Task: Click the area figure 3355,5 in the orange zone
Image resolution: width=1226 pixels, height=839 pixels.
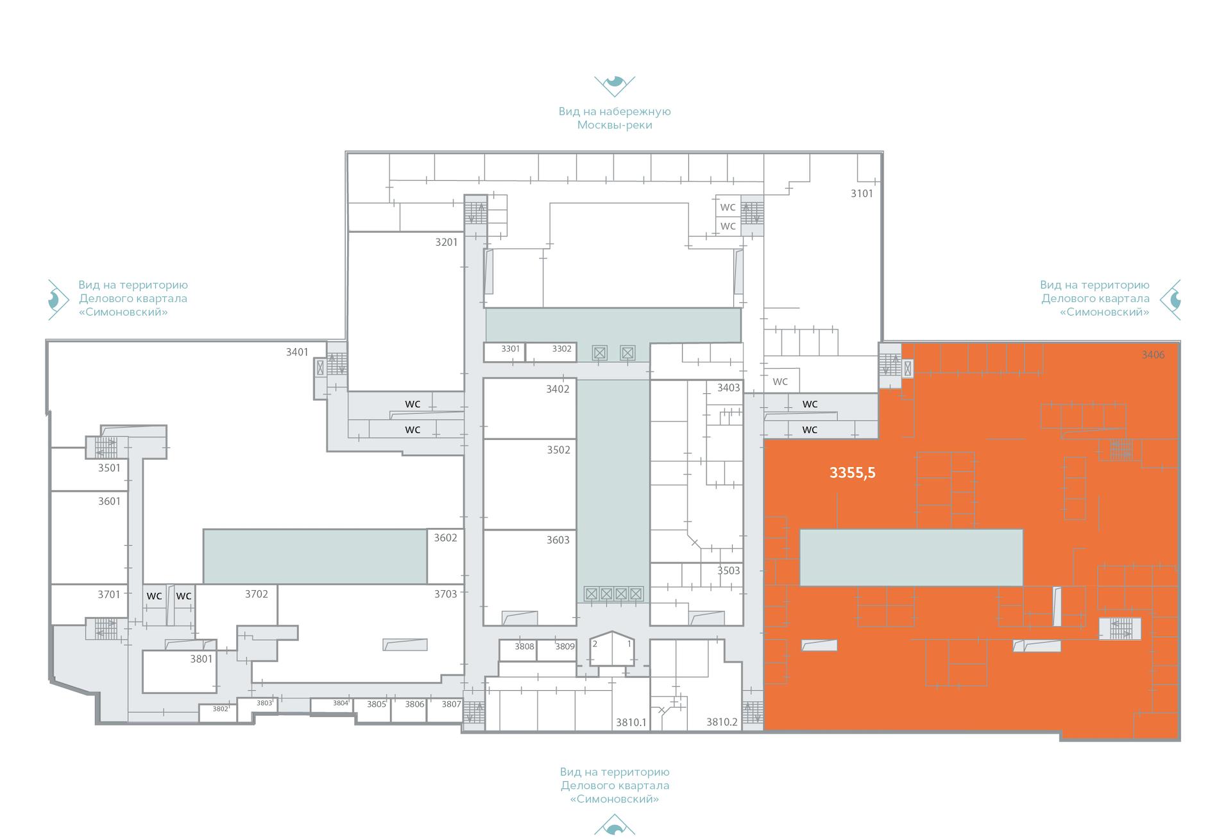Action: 852,473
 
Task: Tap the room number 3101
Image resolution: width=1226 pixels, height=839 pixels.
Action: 862,193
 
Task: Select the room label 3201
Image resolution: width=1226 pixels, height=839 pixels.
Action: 447,242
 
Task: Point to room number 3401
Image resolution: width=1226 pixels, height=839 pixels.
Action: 297,352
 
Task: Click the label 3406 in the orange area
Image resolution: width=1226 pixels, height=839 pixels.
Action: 1153,354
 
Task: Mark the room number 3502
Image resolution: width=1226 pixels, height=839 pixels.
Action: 558,450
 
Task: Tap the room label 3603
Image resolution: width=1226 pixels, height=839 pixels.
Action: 558,539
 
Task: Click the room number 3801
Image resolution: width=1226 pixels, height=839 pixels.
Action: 201,659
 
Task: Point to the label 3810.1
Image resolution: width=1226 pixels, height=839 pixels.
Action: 631,722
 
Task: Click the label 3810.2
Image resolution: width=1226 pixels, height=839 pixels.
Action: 722,722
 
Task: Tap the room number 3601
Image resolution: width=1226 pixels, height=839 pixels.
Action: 109,501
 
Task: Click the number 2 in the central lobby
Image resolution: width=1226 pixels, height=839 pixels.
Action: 595,643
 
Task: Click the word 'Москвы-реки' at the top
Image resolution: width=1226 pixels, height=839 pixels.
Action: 615,124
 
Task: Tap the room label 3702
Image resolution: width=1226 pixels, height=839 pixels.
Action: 256,594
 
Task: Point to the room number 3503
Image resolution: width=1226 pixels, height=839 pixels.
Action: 728,570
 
